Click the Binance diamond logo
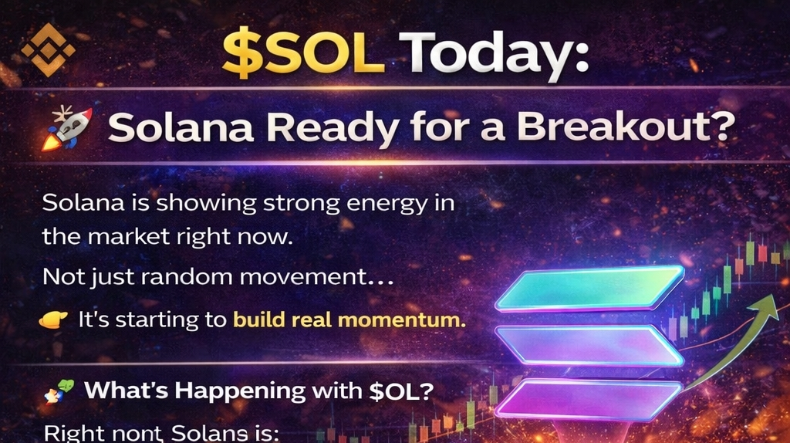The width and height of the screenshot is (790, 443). pos(48,49)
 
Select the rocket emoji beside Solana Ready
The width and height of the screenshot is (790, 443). pos(67,128)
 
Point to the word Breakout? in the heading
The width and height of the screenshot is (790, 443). pos(626,126)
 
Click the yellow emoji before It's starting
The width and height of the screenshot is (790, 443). pos(53,320)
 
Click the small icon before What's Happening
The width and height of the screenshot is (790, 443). pos(59,391)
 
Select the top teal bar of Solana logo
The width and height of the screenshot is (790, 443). pos(589,289)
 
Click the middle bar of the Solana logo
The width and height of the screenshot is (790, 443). pos(589,345)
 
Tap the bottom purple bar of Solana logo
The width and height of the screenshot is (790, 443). pos(589,401)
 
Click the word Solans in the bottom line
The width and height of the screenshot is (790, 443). pos(210,434)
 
